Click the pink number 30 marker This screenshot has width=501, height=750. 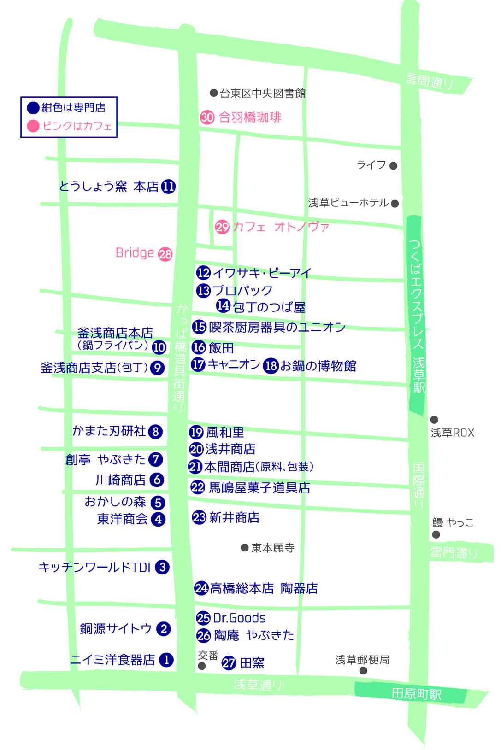[207, 117]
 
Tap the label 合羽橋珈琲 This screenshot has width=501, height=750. [250, 117]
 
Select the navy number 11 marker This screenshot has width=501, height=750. [168, 187]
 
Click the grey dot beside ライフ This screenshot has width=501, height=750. [393, 166]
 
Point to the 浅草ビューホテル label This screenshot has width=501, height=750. [348, 203]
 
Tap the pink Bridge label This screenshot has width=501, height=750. [135, 253]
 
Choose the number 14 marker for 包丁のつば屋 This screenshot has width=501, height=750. [223, 305]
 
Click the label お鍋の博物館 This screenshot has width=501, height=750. [318, 366]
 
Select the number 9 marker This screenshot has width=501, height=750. [158, 368]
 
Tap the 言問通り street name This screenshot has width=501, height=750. [430, 82]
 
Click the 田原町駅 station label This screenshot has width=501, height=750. [416, 694]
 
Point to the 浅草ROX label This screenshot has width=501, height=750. [452, 433]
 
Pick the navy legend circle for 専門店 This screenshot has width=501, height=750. [33, 108]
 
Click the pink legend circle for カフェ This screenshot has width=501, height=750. [33, 126]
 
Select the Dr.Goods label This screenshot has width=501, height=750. [239, 618]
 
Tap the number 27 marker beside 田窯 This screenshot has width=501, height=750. [229, 662]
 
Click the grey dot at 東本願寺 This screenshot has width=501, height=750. [245, 548]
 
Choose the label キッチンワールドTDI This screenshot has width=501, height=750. [94, 567]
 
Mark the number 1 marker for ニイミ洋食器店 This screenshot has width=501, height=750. [166, 660]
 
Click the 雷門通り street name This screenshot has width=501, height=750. [454, 552]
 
